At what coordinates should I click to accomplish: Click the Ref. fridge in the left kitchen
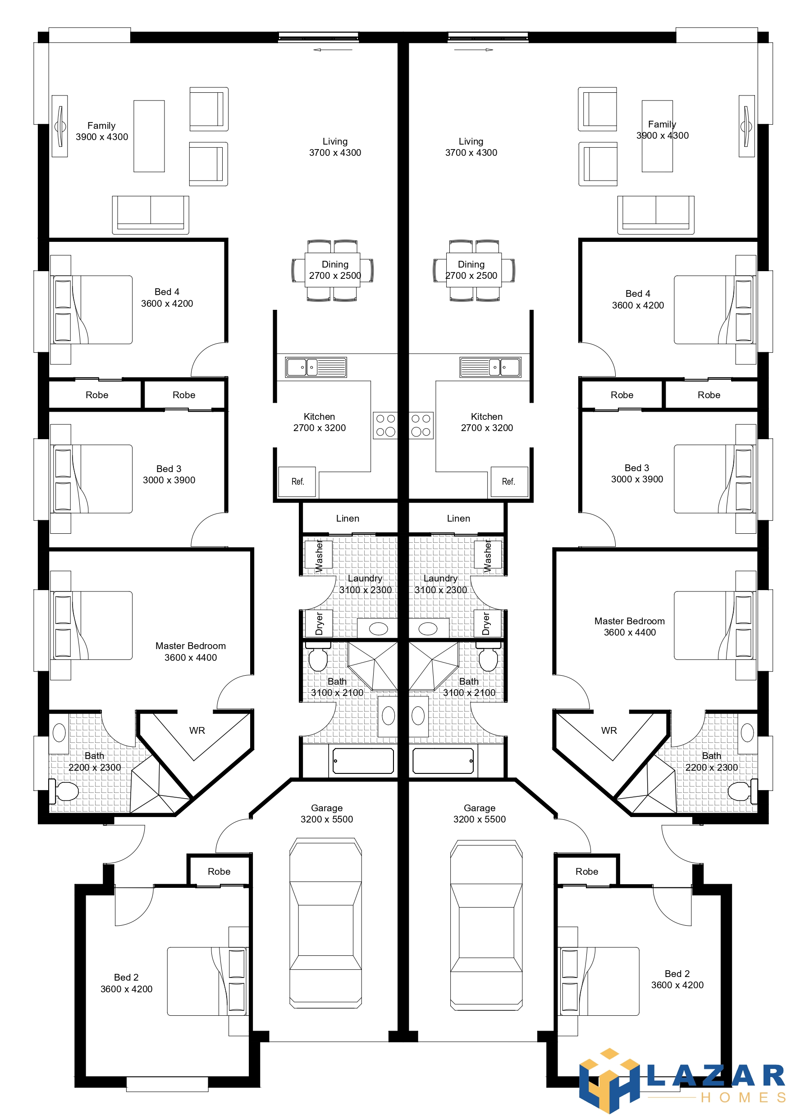297,482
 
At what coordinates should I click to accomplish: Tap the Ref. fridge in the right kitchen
509,482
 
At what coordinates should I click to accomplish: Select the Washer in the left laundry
318,554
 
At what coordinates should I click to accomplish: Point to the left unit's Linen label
347,518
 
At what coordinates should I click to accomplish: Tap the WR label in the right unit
609,731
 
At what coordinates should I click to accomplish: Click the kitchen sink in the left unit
316,367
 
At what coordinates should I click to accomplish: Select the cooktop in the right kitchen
421,426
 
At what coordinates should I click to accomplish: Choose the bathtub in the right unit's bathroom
443,761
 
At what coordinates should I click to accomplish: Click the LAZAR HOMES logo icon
609,1081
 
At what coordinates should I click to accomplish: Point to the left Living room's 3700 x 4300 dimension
335,153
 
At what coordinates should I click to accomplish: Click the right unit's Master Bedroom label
629,621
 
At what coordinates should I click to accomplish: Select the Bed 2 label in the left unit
126,977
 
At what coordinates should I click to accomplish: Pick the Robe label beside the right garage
587,872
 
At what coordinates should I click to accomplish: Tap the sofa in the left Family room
151,215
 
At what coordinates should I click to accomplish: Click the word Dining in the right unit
471,264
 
